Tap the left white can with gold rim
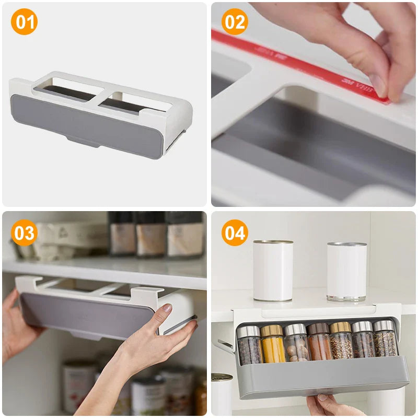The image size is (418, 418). point(273,271)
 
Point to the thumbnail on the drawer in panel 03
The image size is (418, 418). point(166,308)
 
